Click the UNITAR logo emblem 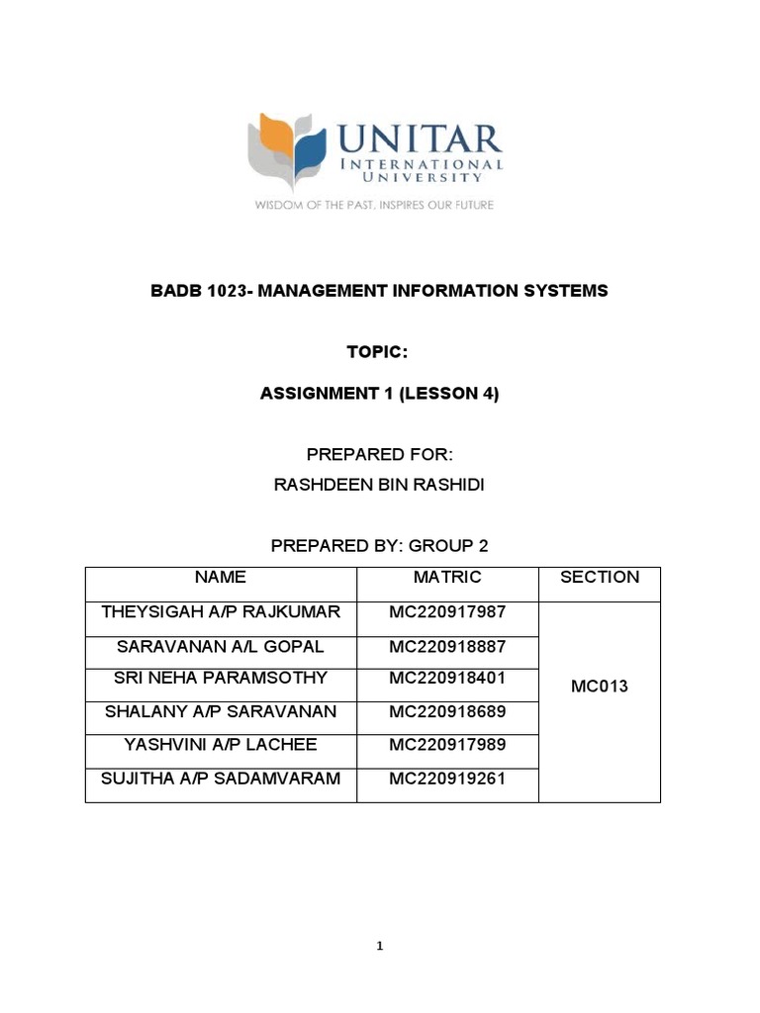pyautogui.click(x=286, y=150)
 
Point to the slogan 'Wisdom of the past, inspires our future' pyautogui.click(x=374, y=206)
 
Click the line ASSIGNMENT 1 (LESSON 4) pyautogui.click(x=379, y=394)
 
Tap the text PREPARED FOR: pyautogui.click(x=379, y=455)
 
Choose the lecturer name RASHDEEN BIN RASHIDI pyautogui.click(x=379, y=485)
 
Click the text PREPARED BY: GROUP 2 pyautogui.click(x=379, y=546)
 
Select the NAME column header pyautogui.click(x=221, y=578)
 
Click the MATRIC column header pyautogui.click(x=447, y=578)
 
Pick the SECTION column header pyautogui.click(x=600, y=578)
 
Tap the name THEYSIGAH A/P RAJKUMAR pyautogui.click(x=221, y=612)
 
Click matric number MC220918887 pyautogui.click(x=447, y=647)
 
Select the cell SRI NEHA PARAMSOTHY pyautogui.click(x=221, y=679)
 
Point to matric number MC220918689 pyautogui.click(x=447, y=712)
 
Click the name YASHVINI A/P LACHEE pyautogui.click(x=221, y=745)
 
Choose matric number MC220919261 pyautogui.click(x=447, y=780)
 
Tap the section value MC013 pyautogui.click(x=600, y=687)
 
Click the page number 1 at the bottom pyautogui.click(x=380, y=947)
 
